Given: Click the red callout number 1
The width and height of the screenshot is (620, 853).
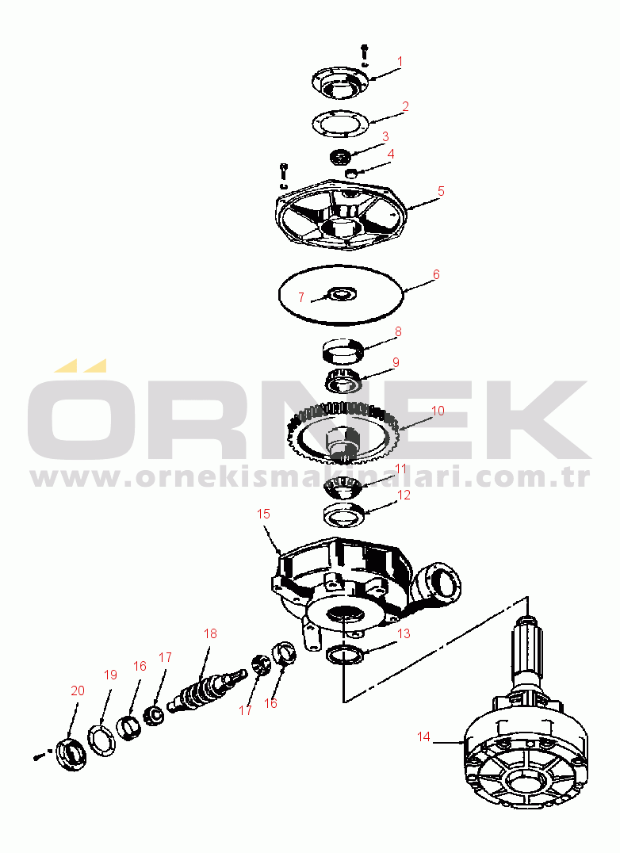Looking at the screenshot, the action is click(x=400, y=62).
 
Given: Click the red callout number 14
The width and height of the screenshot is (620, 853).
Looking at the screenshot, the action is click(x=423, y=736).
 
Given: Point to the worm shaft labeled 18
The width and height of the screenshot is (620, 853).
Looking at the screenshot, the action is click(x=207, y=687).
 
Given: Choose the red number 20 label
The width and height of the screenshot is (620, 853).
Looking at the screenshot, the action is click(x=78, y=690).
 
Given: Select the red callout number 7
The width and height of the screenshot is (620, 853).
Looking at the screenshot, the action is click(x=300, y=297).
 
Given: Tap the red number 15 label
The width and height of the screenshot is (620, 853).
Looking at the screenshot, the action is click(x=263, y=514).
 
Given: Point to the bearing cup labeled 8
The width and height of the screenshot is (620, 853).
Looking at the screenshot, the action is click(x=342, y=350).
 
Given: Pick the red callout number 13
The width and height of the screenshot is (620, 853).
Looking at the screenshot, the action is click(x=404, y=633).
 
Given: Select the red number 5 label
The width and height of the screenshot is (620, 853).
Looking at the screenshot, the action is click(x=441, y=191).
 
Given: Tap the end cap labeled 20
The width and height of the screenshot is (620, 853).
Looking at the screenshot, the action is click(x=72, y=754).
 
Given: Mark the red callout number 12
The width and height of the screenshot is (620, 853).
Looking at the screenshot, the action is click(x=404, y=495).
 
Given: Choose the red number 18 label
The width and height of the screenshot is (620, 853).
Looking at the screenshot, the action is click(x=210, y=633).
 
